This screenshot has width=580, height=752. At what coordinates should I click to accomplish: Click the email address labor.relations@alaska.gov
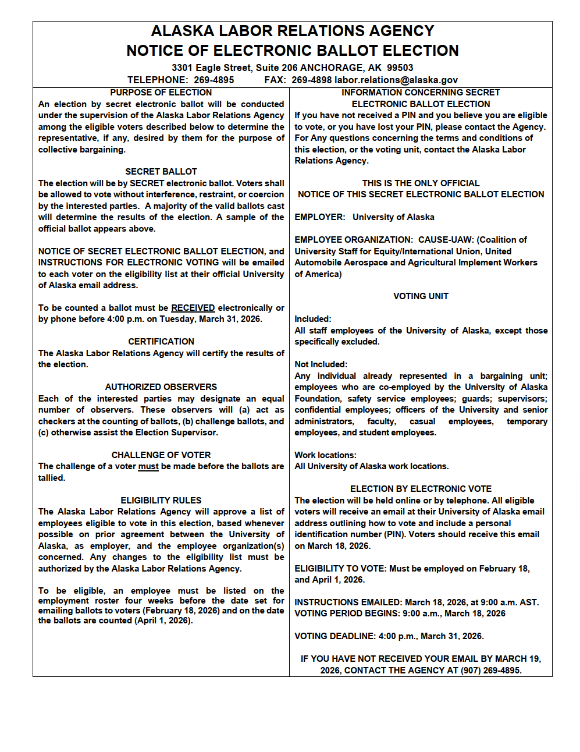pyautogui.click(x=396, y=80)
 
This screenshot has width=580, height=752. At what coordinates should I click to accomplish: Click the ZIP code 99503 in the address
pyautogui.click(x=400, y=68)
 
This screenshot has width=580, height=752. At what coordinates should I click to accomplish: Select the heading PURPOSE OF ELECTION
pyautogui.click(x=161, y=93)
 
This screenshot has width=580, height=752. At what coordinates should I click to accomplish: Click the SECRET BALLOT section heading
pyautogui.click(x=161, y=172)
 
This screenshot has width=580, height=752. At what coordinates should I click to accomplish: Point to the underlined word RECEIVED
pyautogui.click(x=193, y=308)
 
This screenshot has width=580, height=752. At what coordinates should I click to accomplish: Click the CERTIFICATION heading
pyautogui.click(x=161, y=342)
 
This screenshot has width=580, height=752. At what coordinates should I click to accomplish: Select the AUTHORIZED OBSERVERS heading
pyautogui.click(x=161, y=387)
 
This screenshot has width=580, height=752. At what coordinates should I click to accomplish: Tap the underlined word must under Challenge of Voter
pyautogui.click(x=148, y=466)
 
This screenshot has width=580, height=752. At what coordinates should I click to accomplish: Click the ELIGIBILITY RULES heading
pyautogui.click(x=161, y=501)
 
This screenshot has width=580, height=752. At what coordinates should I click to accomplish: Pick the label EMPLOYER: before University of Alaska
pyautogui.click(x=320, y=217)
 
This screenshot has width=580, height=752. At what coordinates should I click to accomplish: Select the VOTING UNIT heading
pyautogui.click(x=421, y=296)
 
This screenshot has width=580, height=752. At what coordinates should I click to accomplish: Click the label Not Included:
pyautogui.click(x=321, y=364)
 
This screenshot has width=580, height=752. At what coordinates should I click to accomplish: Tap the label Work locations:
pyautogui.click(x=325, y=455)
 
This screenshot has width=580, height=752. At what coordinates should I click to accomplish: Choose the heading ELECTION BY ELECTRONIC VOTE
pyautogui.click(x=421, y=489)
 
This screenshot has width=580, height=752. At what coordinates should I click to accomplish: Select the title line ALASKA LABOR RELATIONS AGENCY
pyautogui.click(x=293, y=31)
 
